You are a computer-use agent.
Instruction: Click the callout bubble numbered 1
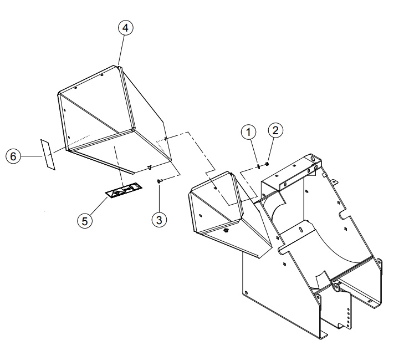tap(248, 132)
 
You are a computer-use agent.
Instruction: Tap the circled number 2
tap(275, 130)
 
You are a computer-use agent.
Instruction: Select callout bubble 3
tap(159, 220)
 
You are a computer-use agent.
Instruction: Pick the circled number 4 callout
tap(125, 28)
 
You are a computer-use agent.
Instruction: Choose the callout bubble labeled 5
tap(85, 221)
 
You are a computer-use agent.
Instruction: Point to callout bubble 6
tap(13, 156)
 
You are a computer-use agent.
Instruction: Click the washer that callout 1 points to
tap(258, 166)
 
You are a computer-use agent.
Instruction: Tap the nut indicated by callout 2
tap(267, 164)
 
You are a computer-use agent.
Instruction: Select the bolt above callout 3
tap(158, 181)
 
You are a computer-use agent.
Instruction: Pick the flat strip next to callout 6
tap(48, 154)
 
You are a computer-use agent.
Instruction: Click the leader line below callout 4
tap(121, 50)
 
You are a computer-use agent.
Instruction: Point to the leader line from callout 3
tap(159, 198)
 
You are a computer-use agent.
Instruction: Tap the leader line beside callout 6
tap(31, 156)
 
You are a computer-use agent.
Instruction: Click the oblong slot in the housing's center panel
tap(301, 229)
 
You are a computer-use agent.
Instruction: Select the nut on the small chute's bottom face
tap(227, 230)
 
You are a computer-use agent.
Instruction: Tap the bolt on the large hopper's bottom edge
tap(149, 168)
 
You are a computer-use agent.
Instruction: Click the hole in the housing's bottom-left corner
tap(246, 293)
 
